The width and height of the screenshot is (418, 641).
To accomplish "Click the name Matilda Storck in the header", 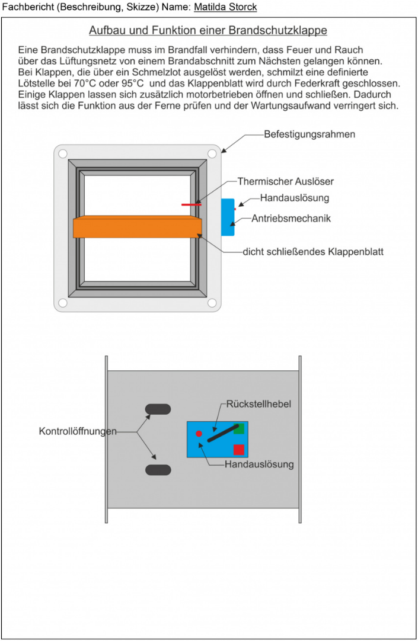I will [225, 7].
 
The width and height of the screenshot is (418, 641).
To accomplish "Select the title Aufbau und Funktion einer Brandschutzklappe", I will [208, 30].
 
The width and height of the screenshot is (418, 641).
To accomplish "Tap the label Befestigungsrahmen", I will [309, 134].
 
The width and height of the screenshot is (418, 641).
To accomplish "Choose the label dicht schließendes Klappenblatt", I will [313, 252].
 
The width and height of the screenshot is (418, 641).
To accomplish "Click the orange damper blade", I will [137, 227].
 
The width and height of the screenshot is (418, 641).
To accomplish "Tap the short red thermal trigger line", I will [191, 204].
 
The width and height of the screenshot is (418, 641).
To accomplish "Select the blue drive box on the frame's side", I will [228, 217].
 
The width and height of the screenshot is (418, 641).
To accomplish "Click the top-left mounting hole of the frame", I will [62, 153].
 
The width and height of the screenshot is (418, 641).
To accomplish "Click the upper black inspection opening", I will [158, 409].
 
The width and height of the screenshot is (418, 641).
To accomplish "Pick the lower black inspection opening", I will [158, 470].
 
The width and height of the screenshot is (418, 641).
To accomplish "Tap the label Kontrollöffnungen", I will [78, 431].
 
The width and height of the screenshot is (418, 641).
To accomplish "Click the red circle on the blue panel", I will [199, 434].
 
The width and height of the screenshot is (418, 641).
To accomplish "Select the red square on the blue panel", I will [238, 449].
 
